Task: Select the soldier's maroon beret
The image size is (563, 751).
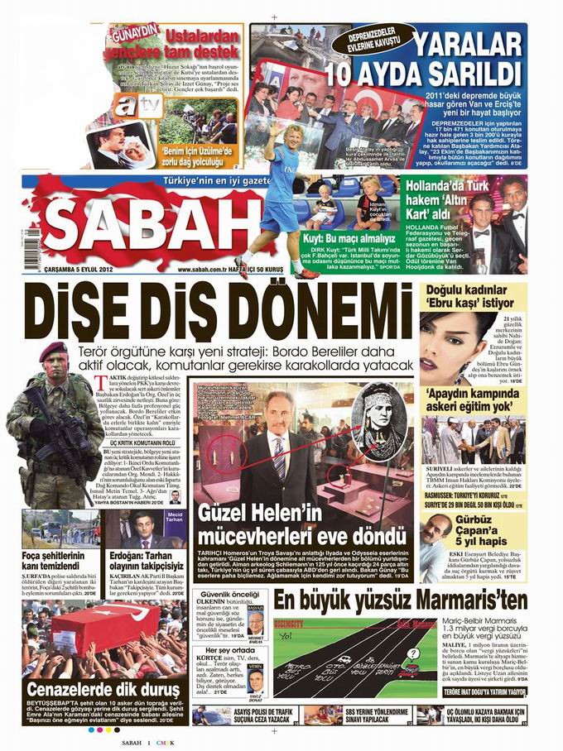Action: pyautogui.click(x=54, y=351)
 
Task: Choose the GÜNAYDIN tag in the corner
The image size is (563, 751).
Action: pyautogui.click(x=131, y=32)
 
